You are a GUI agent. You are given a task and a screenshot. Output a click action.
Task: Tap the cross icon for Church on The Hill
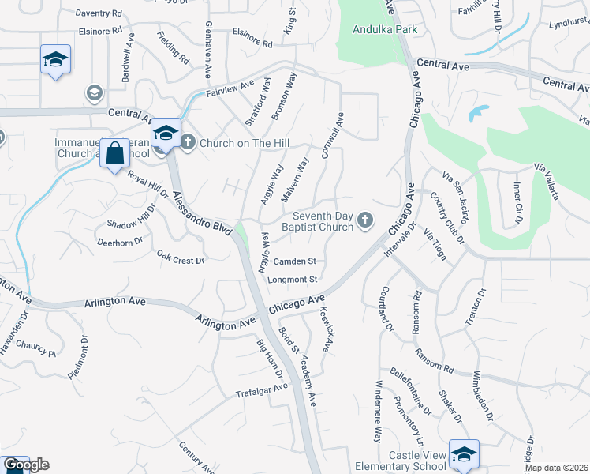tap(187, 143)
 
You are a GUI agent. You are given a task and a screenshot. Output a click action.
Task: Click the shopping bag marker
tap(115, 154)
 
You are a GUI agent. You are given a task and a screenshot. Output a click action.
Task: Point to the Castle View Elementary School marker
tap(464, 454)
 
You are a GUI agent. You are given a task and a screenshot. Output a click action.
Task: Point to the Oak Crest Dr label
tap(180, 258)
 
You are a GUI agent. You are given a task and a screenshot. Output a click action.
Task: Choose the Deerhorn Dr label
tap(120, 241)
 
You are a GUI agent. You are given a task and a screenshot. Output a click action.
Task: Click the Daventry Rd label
tap(99, 13)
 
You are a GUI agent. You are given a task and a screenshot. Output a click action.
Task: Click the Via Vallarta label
tap(551, 181)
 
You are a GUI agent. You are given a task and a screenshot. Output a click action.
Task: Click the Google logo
tap(26, 465)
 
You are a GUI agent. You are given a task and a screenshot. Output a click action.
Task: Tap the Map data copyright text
tap(556, 468)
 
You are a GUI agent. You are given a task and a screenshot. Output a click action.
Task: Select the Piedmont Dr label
tap(77, 358)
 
